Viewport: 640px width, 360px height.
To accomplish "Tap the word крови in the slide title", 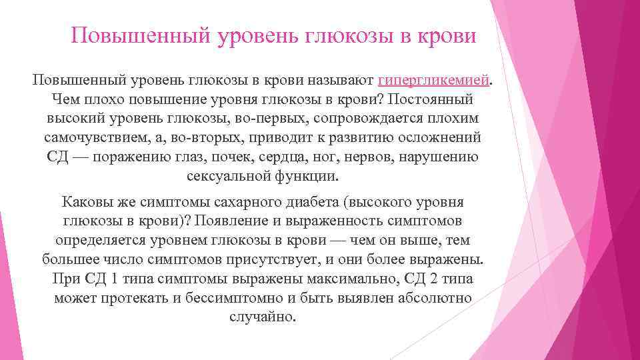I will [447, 35].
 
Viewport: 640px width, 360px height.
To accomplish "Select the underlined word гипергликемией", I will [434, 80].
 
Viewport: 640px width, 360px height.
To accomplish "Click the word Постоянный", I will [434, 99].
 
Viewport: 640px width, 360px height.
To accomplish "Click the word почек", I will [251, 157].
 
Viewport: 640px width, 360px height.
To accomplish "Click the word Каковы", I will [83, 201].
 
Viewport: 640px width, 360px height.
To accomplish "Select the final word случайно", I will [261, 317].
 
